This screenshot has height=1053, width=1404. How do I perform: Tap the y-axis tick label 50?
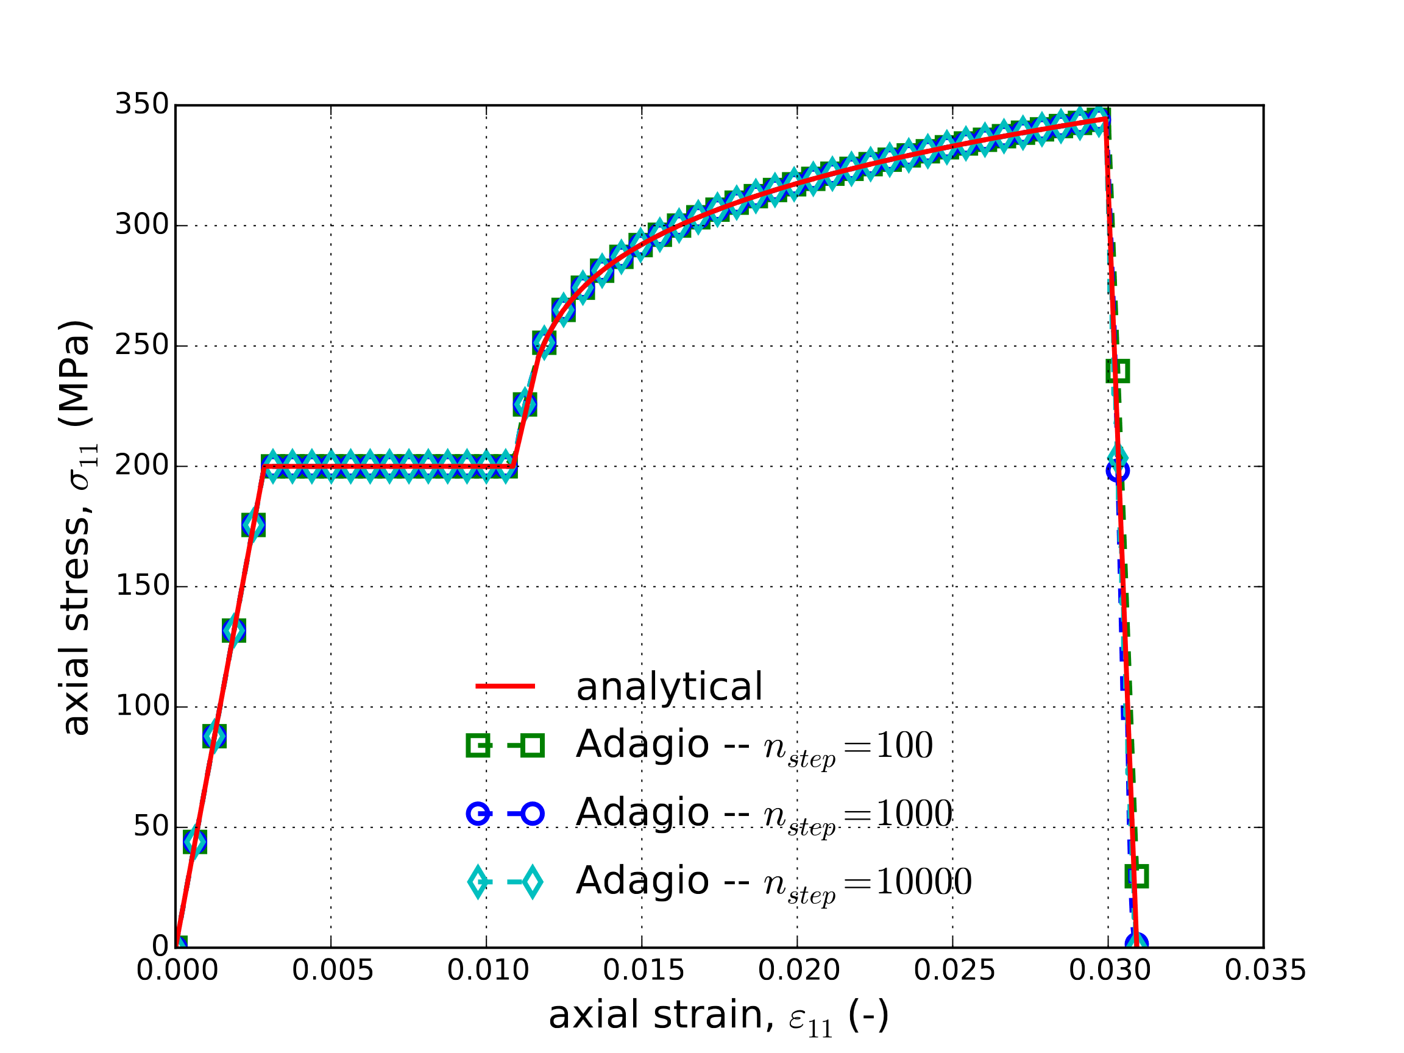[x=151, y=827]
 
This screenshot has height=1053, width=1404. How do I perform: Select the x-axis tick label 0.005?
[x=333, y=971]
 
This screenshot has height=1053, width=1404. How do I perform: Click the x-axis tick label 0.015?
[x=643, y=971]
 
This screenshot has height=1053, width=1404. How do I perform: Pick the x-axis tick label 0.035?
[x=1264, y=971]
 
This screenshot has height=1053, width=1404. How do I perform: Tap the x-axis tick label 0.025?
[x=954, y=971]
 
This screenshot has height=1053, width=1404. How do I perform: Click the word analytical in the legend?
[x=669, y=687]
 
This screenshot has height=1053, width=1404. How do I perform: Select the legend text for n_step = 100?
[x=754, y=745]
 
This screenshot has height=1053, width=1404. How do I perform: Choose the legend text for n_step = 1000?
[x=764, y=813]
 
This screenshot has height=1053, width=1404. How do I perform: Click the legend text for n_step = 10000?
[x=773, y=882]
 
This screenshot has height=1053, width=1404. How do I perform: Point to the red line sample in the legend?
[x=505, y=686]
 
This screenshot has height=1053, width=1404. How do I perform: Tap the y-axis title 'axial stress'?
[x=76, y=527]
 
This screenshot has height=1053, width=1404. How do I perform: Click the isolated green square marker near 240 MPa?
[x=1118, y=370]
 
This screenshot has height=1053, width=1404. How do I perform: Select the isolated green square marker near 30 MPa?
[x=1136, y=876]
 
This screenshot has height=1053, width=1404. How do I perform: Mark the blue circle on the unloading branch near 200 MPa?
[x=1117, y=470]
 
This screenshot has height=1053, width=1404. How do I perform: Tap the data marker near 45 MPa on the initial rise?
[x=195, y=842]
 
